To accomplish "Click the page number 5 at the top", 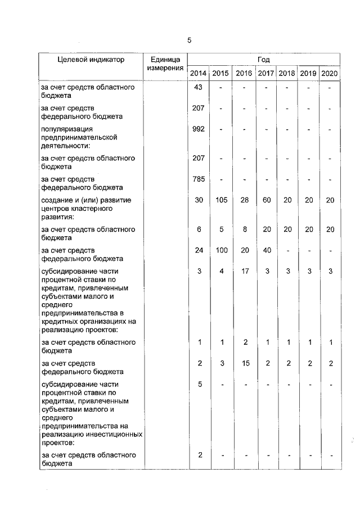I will tap(189, 40).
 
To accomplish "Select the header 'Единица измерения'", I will tap(165, 64).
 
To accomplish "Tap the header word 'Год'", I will tap(264, 59).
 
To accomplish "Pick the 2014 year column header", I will tap(198, 74).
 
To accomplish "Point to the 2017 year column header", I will tap(265, 74).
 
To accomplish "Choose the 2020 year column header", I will tap(330, 74).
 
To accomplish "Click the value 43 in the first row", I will tap(198, 87).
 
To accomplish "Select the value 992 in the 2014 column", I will tap(198, 129).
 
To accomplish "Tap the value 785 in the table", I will tap(198, 179).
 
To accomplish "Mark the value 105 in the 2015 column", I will tap(221, 201).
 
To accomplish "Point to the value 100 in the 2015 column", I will tap(221, 251).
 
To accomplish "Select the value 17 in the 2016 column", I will tap(244, 272).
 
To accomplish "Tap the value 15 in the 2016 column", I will tap(244, 364).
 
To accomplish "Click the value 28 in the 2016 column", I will tap(244, 201).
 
